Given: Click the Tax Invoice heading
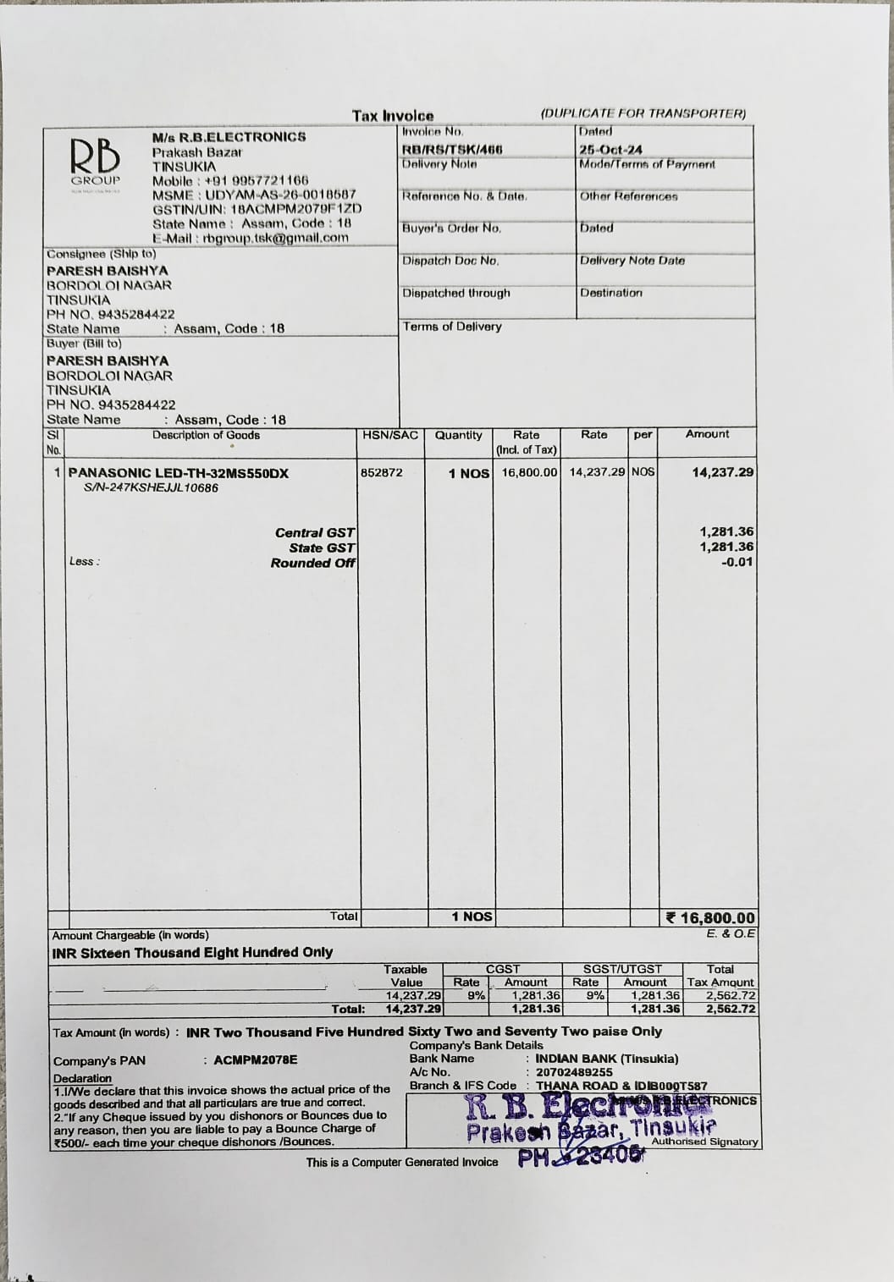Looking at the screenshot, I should [x=393, y=116].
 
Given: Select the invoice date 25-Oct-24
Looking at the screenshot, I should [x=610, y=149].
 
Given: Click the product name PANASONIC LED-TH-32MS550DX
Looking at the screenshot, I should [x=178, y=473].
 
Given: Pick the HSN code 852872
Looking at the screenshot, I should [x=382, y=472].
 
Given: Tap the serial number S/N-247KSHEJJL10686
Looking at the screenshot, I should [x=151, y=488].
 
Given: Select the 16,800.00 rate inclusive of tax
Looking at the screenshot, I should [x=530, y=472].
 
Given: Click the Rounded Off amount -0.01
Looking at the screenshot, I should [x=737, y=562].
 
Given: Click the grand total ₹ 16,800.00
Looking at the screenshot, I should [x=710, y=918].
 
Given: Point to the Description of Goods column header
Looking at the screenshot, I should [x=206, y=435].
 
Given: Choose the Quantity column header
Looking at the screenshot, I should [x=458, y=435].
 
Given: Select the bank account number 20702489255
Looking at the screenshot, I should [x=574, y=1072].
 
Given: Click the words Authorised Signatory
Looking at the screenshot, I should [x=704, y=1142].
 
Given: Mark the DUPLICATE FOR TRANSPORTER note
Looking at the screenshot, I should [x=643, y=113].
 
